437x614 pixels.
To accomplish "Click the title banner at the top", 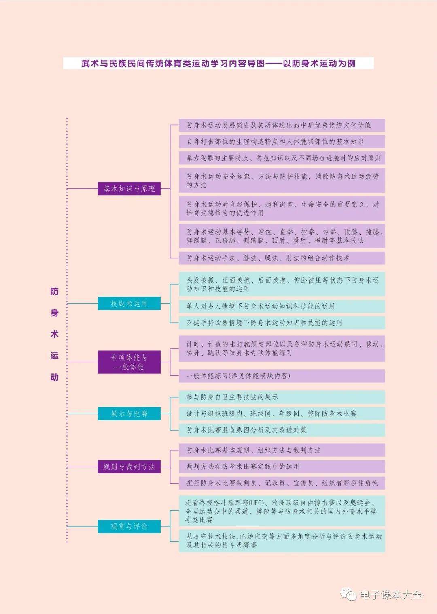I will [218, 63].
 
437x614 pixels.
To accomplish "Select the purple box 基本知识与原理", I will [129, 189].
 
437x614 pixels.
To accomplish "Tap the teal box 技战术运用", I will [129, 303].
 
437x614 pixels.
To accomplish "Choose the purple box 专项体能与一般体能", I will [129, 362].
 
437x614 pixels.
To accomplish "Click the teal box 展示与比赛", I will [129, 414].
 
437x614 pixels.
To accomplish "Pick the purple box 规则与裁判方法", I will [129, 467].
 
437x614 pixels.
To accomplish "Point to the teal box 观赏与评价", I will [129, 526].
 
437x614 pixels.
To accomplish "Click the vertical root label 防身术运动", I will [54, 334].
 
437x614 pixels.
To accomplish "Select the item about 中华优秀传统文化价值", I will [282, 125].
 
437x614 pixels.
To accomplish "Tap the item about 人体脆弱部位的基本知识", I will [282, 141].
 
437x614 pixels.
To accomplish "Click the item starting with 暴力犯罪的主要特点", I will [282, 158].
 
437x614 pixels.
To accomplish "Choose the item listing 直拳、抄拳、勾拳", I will [282, 236].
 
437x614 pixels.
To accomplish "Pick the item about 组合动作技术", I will [282, 258].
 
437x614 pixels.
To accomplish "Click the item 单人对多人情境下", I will [282, 306].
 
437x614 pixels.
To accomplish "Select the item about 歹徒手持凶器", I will [282, 322].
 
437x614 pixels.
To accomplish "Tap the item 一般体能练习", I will [282, 376].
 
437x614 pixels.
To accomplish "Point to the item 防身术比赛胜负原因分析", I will [282, 430].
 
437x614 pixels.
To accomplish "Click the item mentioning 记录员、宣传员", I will [282, 483].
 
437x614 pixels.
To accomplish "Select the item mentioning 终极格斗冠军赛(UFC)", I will [282, 511].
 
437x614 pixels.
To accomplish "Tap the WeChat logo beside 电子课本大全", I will [348, 595].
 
